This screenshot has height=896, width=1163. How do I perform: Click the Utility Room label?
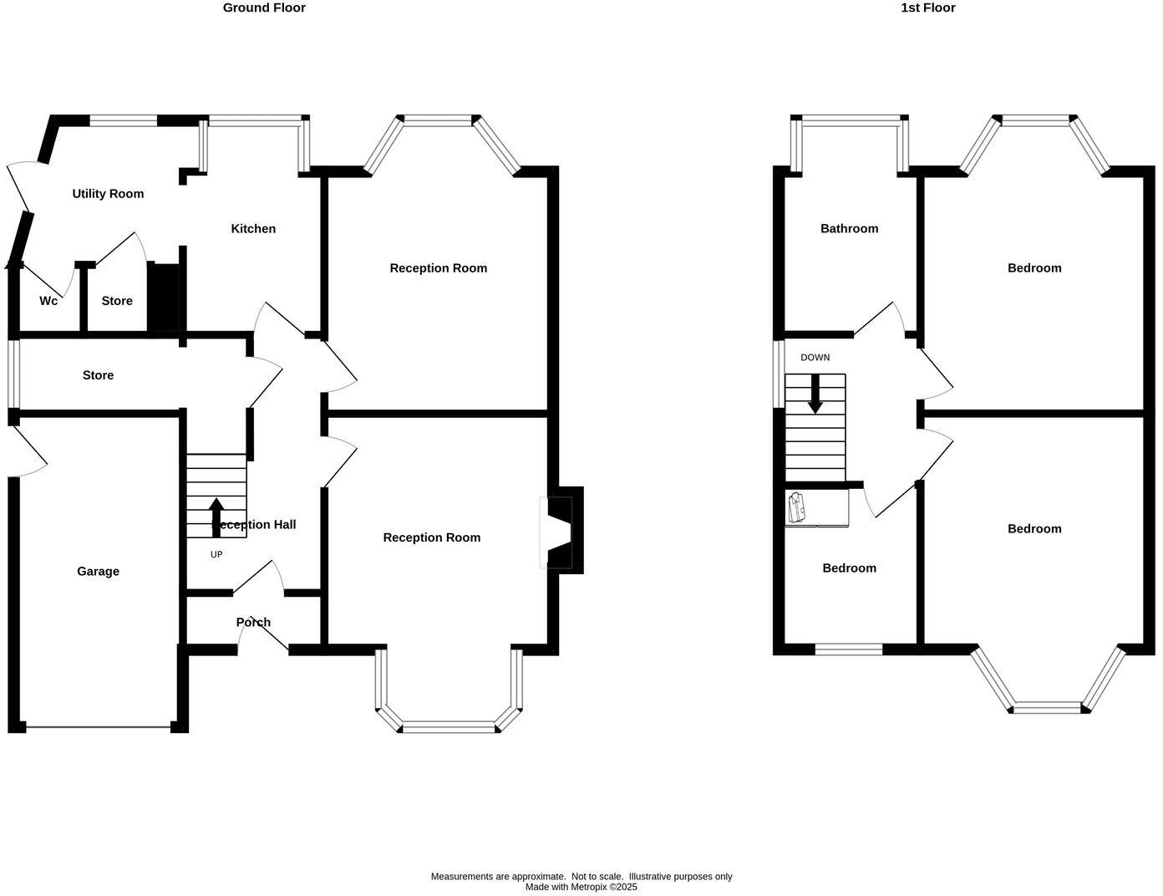[108, 194]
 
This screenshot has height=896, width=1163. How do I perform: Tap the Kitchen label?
[253, 229]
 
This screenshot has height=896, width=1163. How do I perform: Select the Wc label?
[48, 301]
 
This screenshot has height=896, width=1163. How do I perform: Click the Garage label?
[98, 572]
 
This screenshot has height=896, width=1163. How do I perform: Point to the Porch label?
[253, 622]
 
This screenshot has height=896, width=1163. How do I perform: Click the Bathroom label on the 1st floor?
[849, 228]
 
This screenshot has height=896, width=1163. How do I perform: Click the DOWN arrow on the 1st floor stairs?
[815, 395]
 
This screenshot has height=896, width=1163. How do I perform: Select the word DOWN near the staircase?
[815, 358]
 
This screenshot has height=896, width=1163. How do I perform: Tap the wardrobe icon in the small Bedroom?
[796, 507]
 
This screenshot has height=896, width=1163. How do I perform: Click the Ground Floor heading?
[264, 8]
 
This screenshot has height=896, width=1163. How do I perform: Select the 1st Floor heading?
[927, 8]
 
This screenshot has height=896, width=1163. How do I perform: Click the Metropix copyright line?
[581, 888]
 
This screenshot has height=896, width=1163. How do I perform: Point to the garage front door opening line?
[98, 727]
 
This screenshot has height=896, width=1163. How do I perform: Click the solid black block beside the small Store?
[163, 298]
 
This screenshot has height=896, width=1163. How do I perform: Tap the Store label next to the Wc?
[117, 301]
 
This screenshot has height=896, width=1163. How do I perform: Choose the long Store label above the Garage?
[98, 375]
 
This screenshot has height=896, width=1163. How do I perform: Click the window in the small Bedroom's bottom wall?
[848, 649]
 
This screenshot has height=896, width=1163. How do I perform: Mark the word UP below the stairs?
[216, 555]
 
